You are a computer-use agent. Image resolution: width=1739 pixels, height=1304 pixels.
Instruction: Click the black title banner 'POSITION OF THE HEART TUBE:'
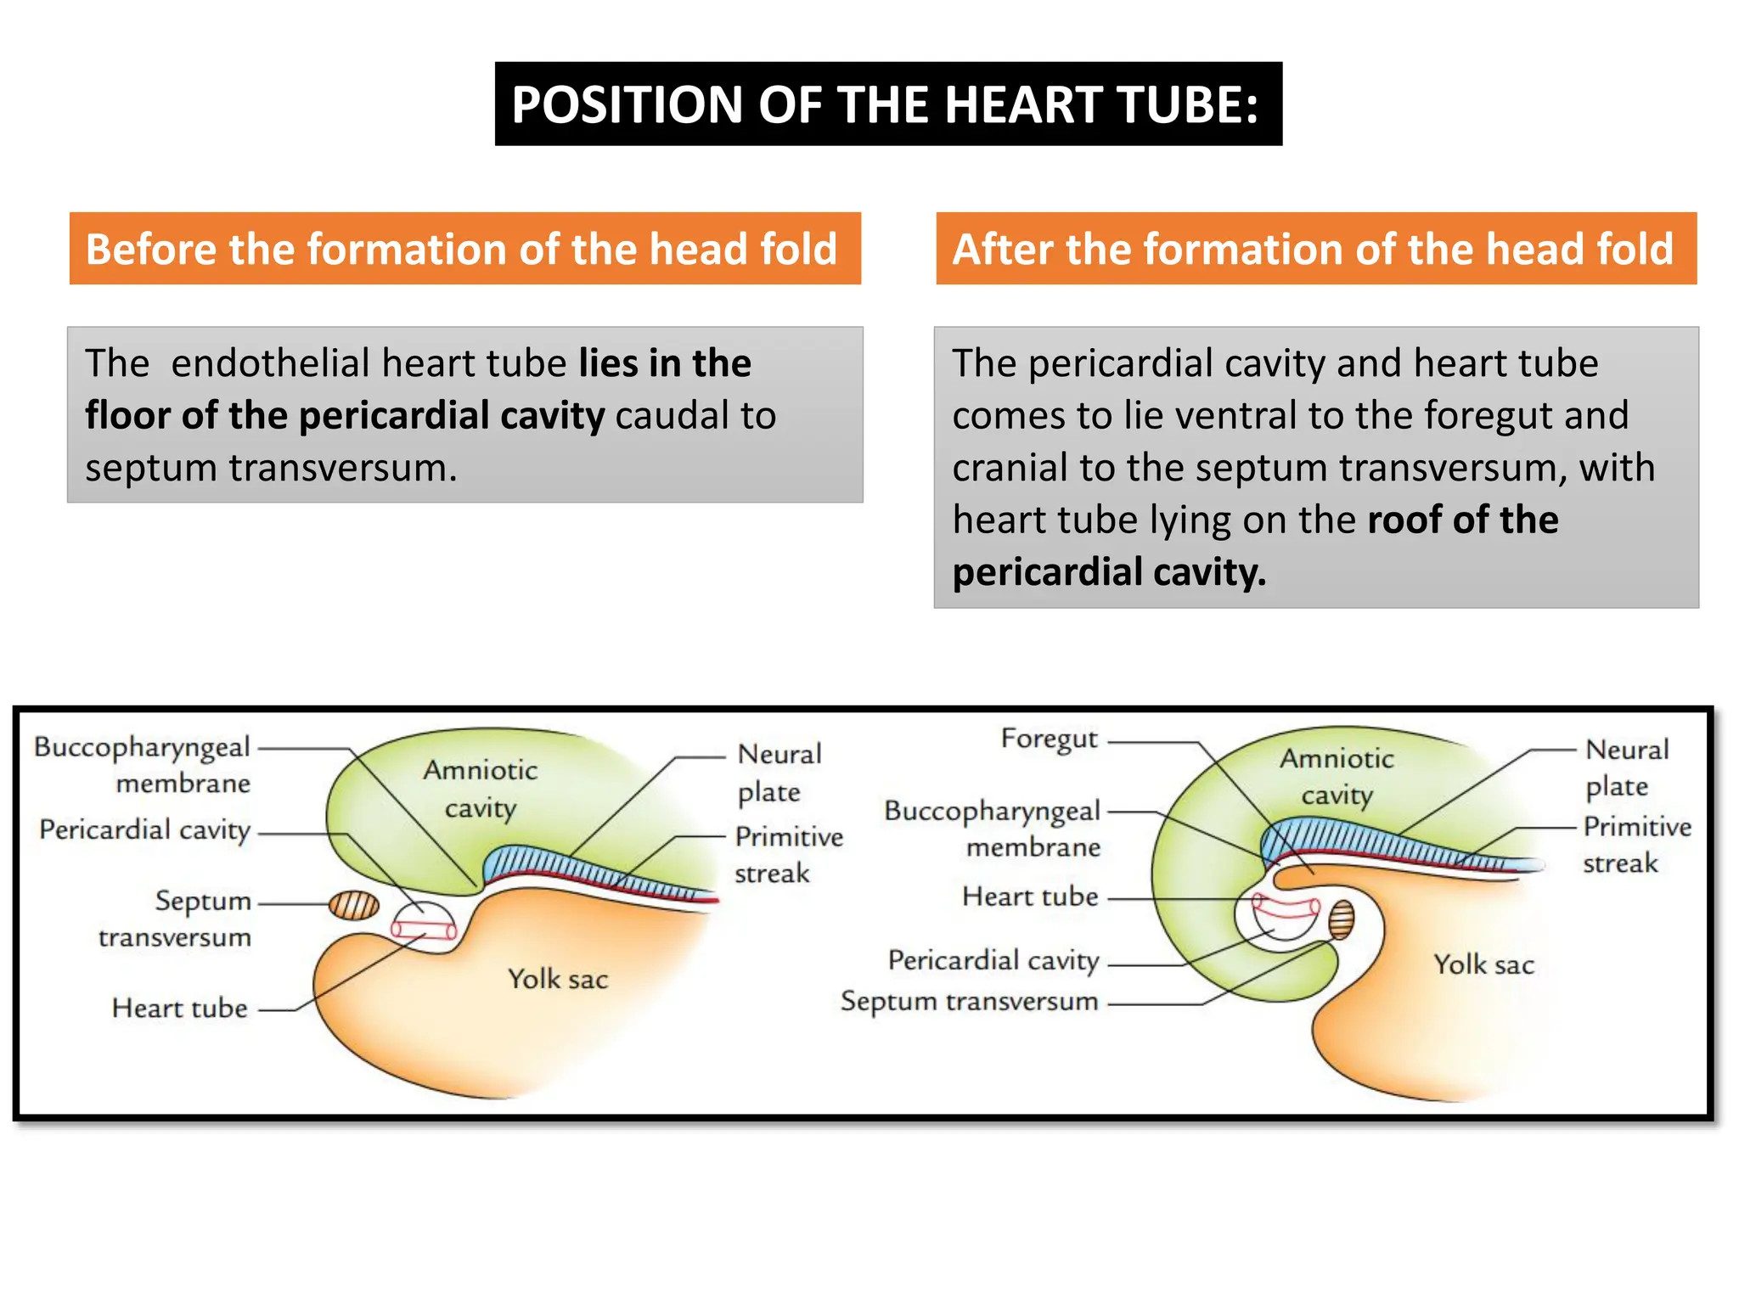point(887,104)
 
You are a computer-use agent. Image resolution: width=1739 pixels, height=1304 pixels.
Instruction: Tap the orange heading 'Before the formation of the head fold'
point(464,249)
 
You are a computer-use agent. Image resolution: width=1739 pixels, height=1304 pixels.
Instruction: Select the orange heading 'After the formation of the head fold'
point(1315,249)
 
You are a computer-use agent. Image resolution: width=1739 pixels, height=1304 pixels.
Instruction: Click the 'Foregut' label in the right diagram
point(1049,739)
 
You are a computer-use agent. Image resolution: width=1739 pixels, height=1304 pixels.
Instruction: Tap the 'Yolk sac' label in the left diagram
point(558,979)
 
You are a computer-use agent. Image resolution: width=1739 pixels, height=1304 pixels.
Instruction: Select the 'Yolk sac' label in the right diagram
point(1483,964)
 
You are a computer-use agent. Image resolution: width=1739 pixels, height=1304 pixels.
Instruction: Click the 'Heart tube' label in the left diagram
point(180,1009)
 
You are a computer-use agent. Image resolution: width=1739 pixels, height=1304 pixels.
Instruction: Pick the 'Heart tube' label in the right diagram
point(1030,896)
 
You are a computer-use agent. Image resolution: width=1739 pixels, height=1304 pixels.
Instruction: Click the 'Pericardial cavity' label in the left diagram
point(144,830)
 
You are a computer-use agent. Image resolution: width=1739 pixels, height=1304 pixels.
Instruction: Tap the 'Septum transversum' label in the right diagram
point(969,1002)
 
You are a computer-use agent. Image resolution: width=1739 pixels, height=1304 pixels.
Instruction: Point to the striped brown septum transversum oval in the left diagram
point(353,905)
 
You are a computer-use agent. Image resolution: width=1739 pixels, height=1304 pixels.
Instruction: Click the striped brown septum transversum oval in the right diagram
point(1341,919)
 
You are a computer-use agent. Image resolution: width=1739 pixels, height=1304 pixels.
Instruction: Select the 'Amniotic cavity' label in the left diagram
point(481,789)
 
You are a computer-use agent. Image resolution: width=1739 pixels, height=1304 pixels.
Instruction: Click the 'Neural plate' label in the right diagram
point(1626,767)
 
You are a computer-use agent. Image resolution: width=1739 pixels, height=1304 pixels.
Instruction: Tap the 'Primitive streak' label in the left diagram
point(788,854)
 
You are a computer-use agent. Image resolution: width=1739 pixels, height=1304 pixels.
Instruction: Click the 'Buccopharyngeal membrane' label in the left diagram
point(143,764)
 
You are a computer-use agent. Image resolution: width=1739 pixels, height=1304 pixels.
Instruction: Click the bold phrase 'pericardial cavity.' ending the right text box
point(1109,572)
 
